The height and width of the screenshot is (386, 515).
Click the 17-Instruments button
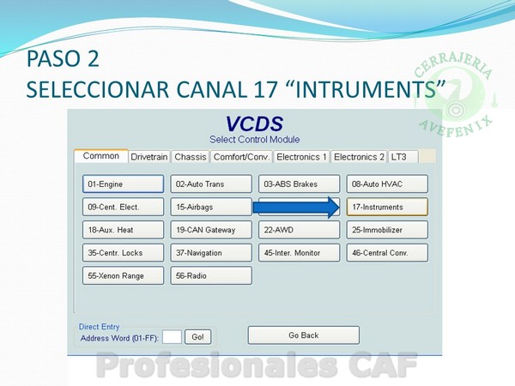pyautogui.click(x=387, y=207)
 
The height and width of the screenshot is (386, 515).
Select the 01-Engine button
pyautogui.click(x=123, y=184)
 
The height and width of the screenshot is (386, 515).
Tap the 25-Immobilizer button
pyautogui.click(x=387, y=230)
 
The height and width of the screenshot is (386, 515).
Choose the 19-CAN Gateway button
pyautogui.click(x=211, y=230)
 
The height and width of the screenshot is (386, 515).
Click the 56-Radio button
pyautogui.click(x=211, y=275)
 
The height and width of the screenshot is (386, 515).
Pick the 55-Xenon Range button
pyautogui.click(x=123, y=275)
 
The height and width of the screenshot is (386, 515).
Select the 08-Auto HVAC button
pyautogui.click(x=387, y=184)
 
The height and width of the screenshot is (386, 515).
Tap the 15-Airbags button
pyautogui.click(x=211, y=207)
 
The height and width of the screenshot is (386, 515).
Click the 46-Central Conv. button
pyautogui.click(x=387, y=253)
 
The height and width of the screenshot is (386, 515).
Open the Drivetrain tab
pyautogui.click(x=149, y=157)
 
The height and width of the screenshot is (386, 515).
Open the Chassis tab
pyautogui.click(x=191, y=157)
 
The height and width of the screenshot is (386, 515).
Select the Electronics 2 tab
pyautogui.click(x=359, y=157)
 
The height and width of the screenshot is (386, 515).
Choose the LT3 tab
pyautogui.click(x=403, y=157)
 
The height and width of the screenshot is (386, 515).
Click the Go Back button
pyautogui.click(x=304, y=335)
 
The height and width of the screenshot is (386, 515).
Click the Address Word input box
pyautogui.click(x=173, y=337)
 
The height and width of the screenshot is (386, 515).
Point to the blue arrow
pyautogui.click(x=296, y=208)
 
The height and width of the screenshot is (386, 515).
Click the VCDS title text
pyautogui.click(x=254, y=124)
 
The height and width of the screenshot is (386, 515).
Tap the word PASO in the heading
pyautogui.click(x=54, y=58)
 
